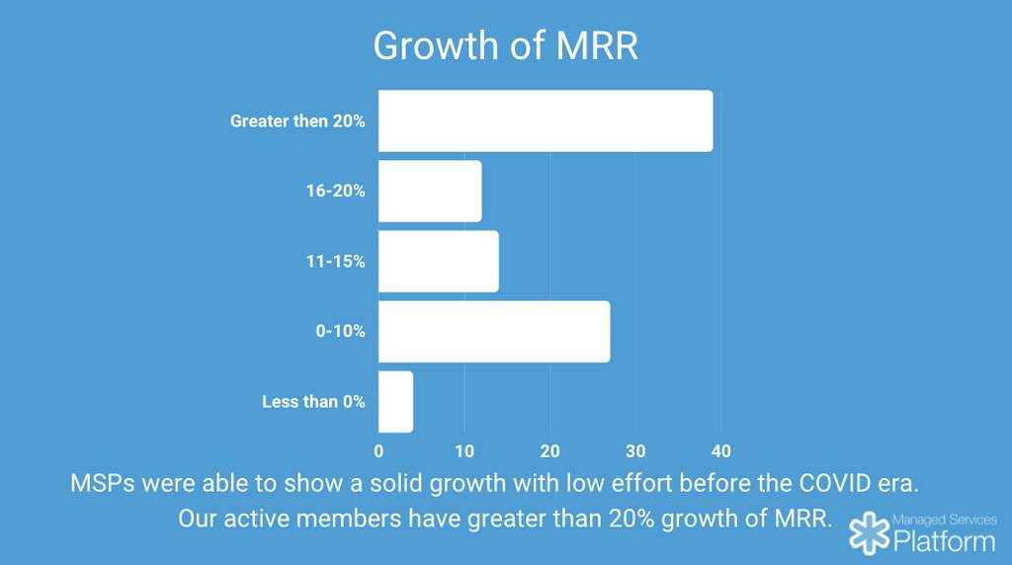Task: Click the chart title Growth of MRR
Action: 505,46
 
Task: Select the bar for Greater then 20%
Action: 545,121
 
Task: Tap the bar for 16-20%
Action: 430,192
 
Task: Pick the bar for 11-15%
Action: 438,262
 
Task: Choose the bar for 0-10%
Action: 494,332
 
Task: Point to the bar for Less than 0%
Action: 395,402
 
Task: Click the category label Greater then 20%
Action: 297,121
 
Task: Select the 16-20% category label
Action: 335,192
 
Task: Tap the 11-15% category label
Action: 335,262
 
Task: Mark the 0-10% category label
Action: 340,332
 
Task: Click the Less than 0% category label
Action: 313,402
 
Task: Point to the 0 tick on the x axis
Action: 379,451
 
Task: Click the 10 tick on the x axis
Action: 464,451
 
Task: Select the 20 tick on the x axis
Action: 550,451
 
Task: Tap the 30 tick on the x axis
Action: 635,451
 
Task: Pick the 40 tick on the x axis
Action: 721,451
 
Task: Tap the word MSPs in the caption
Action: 103,484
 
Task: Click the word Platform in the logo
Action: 944,540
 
